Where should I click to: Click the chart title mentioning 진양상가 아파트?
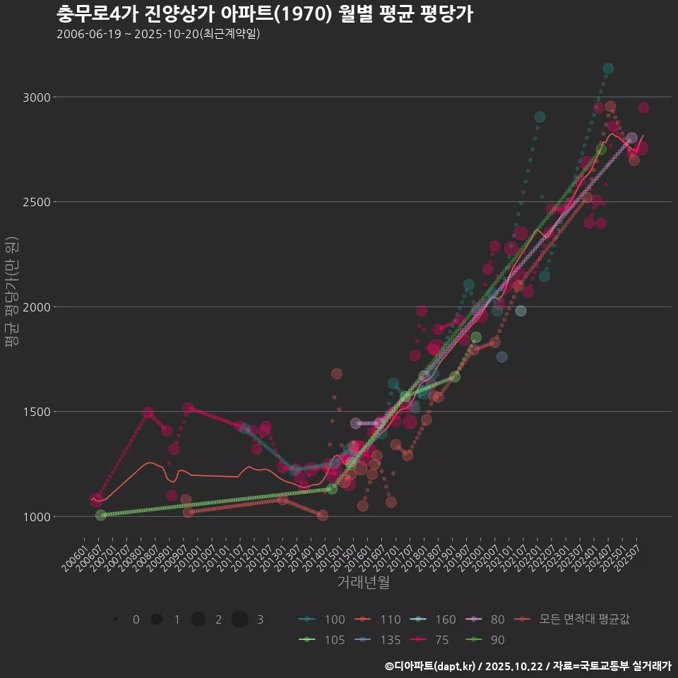265,14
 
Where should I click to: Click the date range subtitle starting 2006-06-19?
158,34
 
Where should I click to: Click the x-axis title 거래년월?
363,582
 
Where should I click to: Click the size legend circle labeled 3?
240,619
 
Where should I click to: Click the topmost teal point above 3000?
608,69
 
